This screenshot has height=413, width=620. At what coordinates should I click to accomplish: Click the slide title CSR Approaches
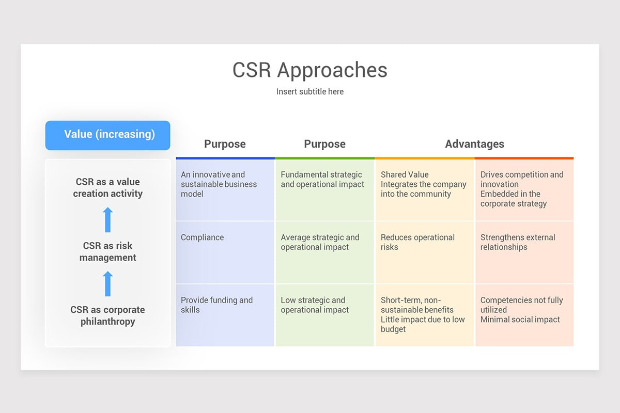pos(309,70)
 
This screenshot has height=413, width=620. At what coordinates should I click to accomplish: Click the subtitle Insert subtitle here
pos(309,92)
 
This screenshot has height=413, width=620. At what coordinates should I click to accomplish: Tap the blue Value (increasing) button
pos(108,135)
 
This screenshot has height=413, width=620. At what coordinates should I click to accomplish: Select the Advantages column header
pos(474,144)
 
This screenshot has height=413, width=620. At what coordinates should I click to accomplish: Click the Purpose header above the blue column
pos(225,144)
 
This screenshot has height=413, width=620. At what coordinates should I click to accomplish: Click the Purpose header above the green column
pos(324,144)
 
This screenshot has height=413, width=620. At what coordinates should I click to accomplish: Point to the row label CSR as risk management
pos(108,251)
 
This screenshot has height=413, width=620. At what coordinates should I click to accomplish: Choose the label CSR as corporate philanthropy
pos(108,315)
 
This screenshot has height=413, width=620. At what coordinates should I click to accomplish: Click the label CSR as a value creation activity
pos(108,187)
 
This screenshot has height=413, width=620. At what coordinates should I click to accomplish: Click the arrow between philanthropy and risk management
pos(108,284)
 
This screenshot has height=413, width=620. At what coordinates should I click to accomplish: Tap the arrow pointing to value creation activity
pos(108,220)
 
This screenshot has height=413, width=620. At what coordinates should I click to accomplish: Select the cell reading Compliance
pos(203,237)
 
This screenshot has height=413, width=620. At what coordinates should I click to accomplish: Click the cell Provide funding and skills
pos(216,305)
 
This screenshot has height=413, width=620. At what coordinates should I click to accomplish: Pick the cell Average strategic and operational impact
pos(320,242)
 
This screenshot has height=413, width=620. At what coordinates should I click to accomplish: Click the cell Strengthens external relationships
pos(518,242)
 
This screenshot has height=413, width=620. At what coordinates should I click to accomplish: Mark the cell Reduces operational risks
pos(417,242)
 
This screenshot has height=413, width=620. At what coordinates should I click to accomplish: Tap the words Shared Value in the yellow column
pos(405,174)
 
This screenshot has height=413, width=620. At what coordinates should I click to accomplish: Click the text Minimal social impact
pos(520,320)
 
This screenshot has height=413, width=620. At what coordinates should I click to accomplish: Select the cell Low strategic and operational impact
pos(315,305)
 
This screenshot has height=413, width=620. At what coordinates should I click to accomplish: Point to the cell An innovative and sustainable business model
pos(219,184)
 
